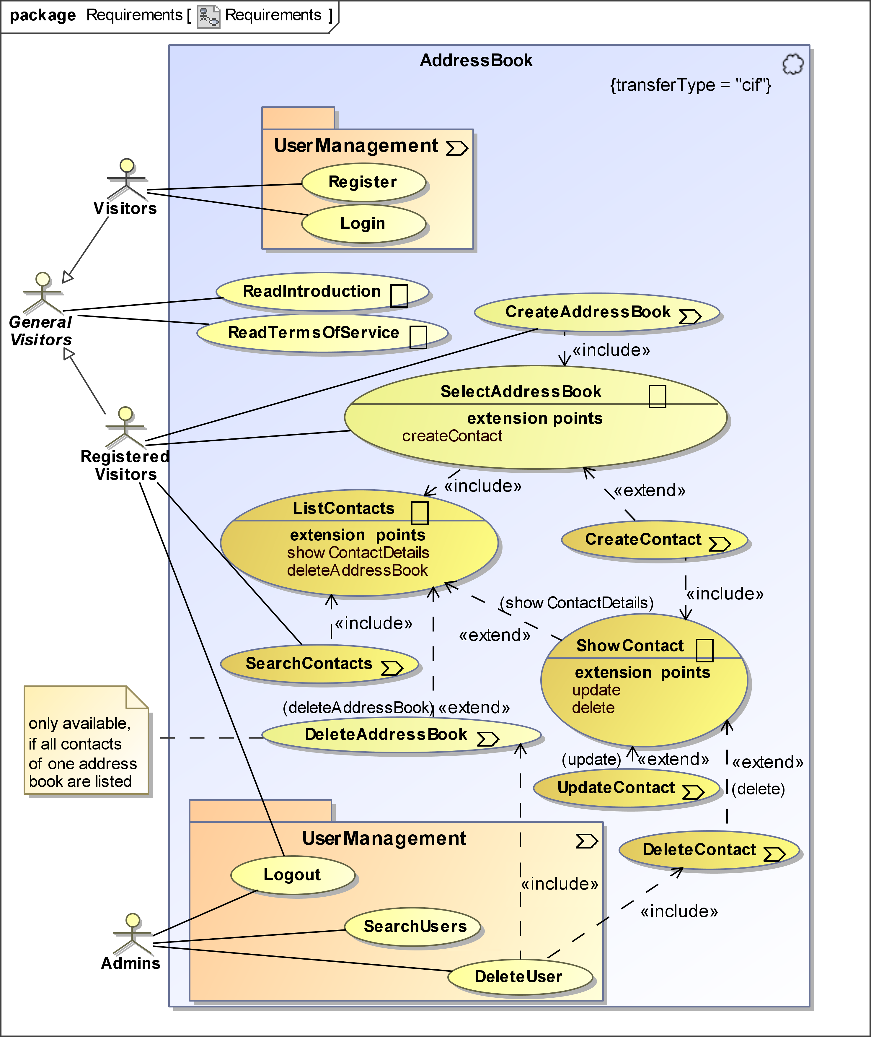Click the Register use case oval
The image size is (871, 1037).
point(363,182)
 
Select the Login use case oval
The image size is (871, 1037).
point(363,223)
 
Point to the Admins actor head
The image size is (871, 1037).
point(132,920)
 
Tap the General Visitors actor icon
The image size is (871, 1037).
point(43,293)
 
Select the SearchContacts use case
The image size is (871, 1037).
point(319,664)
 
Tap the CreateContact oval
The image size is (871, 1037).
point(653,539)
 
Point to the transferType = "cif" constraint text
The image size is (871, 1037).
point(690,85)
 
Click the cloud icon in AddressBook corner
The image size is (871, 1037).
point(792,64)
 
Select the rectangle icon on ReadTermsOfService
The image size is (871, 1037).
point(418,337)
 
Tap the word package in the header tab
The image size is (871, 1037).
point(43,15)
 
